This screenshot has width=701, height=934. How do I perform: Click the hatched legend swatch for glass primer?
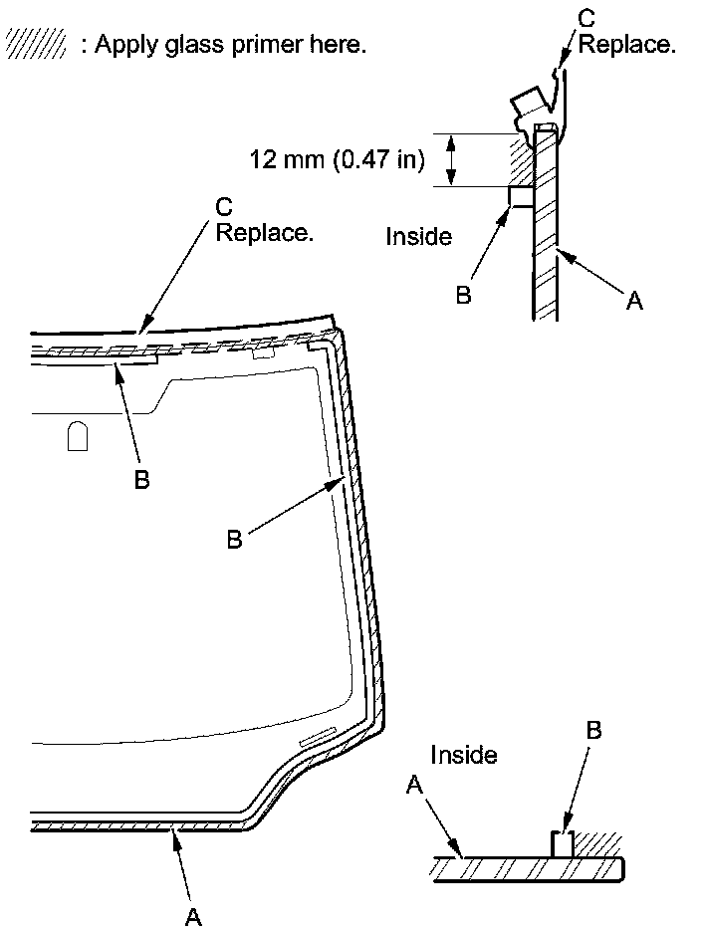coord(35,43)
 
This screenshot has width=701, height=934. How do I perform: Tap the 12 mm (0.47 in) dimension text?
coord(338,158)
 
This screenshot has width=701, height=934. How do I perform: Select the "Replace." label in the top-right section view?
coord(627,45)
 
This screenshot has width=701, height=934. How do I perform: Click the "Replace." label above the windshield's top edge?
coord(265,233)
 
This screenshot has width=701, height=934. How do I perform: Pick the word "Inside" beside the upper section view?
coord(418,237)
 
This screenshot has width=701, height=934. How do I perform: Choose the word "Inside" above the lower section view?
coord(464,755)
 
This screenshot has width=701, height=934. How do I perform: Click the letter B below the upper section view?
coord(463,296)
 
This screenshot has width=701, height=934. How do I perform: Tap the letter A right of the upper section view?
coord(635,299)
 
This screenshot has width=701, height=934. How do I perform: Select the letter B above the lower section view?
coord(593,731)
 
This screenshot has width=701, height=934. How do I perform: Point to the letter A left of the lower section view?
coord(415,787)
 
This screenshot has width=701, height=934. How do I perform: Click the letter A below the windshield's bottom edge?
coord(194,916)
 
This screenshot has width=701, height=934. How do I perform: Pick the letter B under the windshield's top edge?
coord(142,479)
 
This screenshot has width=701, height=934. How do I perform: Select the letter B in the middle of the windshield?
coord(235,539)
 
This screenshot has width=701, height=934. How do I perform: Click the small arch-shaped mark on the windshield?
coord(78,436)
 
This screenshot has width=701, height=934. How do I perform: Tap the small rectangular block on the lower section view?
coord(564,844)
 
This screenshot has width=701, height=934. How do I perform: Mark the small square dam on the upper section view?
coord(520,196)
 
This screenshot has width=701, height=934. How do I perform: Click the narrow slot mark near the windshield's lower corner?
coord(318,738)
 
